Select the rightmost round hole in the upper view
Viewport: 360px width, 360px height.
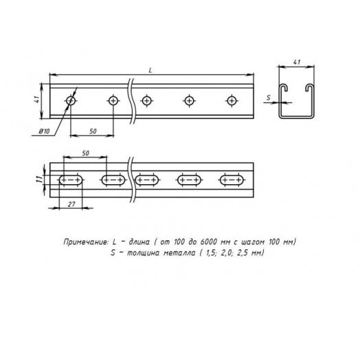point(232,102)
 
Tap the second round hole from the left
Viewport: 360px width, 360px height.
point(113,102)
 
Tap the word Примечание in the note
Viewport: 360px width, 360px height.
point(85,243)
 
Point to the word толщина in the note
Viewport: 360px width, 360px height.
point(139,253)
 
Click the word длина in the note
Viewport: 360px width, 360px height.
point(133,243)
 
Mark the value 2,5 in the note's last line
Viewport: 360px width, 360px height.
point(245,253)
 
